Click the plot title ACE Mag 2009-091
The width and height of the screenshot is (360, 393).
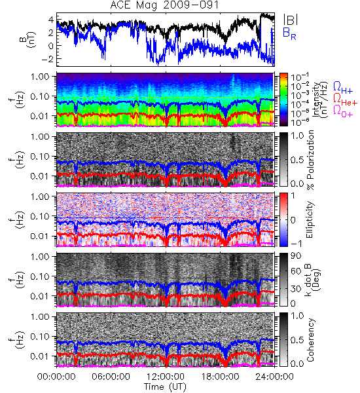[164, 5]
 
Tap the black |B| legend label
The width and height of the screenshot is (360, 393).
[291, 19]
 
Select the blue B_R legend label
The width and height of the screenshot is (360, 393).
[289, 33]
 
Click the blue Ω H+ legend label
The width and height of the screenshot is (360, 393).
[343, 87]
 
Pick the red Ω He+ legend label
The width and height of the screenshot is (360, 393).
[345, 99]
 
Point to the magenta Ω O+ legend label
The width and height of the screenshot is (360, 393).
[343, 111]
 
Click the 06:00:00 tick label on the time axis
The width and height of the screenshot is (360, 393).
[111, 377]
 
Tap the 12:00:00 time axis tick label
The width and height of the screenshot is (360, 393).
[166, 377]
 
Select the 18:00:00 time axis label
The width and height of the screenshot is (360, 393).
[220, 377]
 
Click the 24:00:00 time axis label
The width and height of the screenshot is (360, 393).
[274, 377]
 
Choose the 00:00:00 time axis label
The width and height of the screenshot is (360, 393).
[56, 377]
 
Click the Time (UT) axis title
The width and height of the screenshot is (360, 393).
[165, 387]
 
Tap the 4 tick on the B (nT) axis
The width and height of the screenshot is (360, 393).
[51, 19]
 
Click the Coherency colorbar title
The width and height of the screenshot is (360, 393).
[310, 340]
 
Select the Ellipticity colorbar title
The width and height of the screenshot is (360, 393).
[310, 220]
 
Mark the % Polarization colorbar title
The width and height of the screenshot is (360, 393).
[310, 160]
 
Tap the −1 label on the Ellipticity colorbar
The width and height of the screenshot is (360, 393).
[297, 244]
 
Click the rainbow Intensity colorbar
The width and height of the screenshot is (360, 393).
[283, 100]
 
